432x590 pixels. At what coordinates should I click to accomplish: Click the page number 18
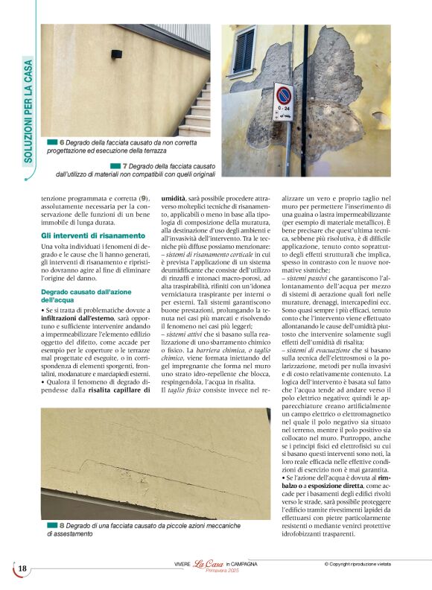point(22,568)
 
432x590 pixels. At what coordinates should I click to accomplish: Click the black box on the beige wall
point(116,56)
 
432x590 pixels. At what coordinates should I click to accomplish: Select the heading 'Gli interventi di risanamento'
point(93,235)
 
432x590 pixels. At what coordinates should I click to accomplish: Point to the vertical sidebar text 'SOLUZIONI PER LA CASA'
point(28,119)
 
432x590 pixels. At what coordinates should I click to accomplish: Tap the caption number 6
point(62,142)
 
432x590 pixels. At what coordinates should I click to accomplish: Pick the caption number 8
point(62,525)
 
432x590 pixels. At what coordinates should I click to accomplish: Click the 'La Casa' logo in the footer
point(209,564)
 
